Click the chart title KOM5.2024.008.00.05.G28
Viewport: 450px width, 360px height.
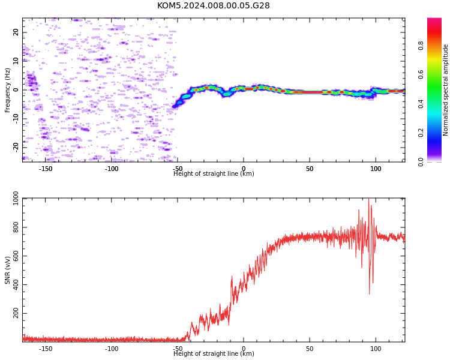point(213,5)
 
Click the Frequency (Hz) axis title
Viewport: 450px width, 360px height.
point(7,90)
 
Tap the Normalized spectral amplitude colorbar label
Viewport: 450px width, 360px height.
point(445,90)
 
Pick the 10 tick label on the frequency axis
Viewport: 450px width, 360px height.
point(16,61)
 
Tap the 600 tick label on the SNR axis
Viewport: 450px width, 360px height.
point(16,256)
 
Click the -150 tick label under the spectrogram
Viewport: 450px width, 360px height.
point(46,169)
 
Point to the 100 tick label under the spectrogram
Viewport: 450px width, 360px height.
point(376,169)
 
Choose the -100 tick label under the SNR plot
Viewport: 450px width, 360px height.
point(112,349)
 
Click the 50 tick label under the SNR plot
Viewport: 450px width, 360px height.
point(310,349)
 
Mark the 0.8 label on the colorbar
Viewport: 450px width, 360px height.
point(421,46)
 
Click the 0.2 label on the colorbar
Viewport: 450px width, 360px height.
point(421,133)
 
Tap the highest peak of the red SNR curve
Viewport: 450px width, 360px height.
point(369,199)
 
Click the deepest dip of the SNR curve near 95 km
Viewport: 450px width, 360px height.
point(370,293)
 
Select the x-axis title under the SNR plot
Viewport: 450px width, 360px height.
point(214,353)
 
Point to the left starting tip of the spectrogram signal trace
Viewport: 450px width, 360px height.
point(173,107)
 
